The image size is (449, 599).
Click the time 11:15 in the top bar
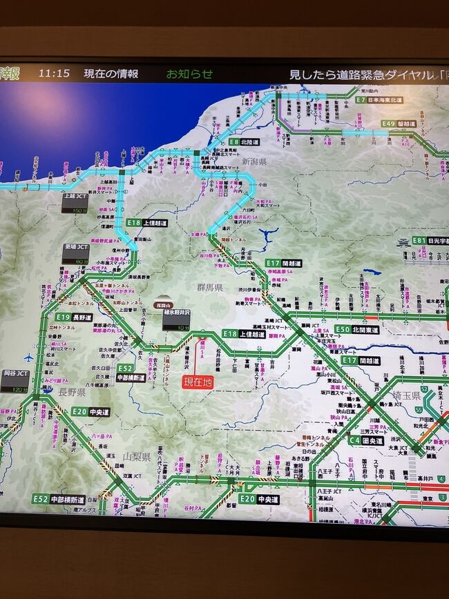pos(54,72)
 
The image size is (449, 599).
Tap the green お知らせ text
pos(189,73)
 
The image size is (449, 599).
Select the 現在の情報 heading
pos(111,73)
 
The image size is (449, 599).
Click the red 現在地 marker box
pos(198,381)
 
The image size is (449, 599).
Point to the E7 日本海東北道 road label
pos(379,100)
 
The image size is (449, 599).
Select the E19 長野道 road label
pos(74,317)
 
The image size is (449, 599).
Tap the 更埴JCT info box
pos(75,253)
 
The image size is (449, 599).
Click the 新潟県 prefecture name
pos(254,161)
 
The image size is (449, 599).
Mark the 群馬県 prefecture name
pos(209,288)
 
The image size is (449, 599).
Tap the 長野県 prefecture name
pos(71,392)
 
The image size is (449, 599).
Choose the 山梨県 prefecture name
pos(137,457)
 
